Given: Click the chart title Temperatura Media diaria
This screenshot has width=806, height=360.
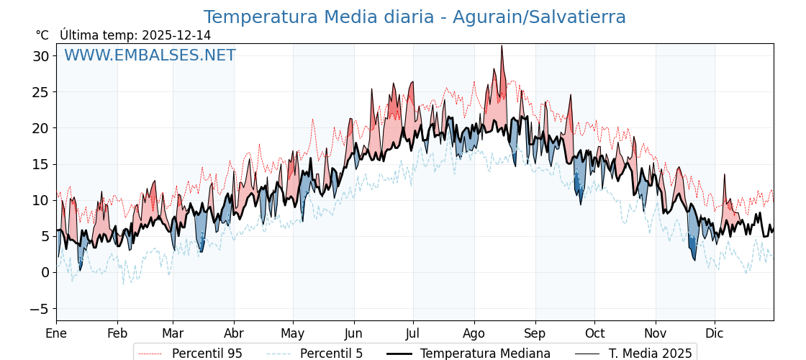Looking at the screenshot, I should coord(415,17).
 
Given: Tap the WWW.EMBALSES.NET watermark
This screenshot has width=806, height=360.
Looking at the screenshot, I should coord(150,55).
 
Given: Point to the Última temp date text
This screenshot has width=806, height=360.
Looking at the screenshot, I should coord(135,35).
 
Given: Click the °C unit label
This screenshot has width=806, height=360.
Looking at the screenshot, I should coord(42,35).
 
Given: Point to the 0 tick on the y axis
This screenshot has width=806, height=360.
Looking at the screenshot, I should coord(45,272).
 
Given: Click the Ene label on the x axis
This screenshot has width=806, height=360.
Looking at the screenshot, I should coord(56,333).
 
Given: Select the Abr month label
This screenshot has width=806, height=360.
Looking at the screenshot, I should coord(234,333).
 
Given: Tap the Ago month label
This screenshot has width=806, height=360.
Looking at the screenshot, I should coord(474,333).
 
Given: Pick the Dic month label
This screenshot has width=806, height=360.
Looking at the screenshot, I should coord(715,333).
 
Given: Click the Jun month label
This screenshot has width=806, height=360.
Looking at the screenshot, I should coord(353,333).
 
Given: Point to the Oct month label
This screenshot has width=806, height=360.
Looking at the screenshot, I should coord(594,333).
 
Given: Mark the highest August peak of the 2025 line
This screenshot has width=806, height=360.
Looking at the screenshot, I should coord(502,46).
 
